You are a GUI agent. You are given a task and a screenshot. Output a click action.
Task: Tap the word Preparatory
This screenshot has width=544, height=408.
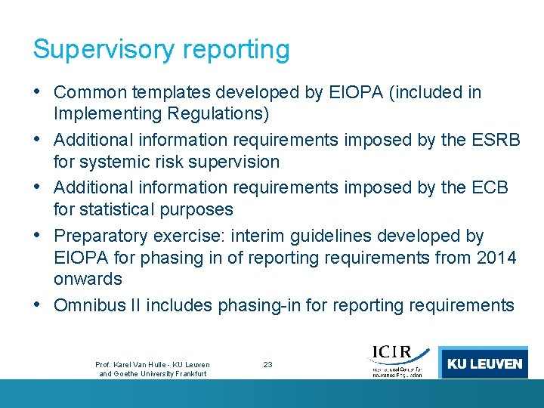(104, 236)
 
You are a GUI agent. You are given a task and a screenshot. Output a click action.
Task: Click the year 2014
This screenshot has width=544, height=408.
(496, 258)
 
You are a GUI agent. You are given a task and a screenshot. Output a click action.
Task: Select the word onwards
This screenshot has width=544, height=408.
(88, 279)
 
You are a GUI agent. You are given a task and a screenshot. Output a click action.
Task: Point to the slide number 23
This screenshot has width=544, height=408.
(267, 364)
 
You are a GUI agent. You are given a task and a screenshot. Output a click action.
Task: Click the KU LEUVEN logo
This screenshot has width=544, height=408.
(484, 363)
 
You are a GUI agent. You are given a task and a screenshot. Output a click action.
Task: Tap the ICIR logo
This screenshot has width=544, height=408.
(397, 361)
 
